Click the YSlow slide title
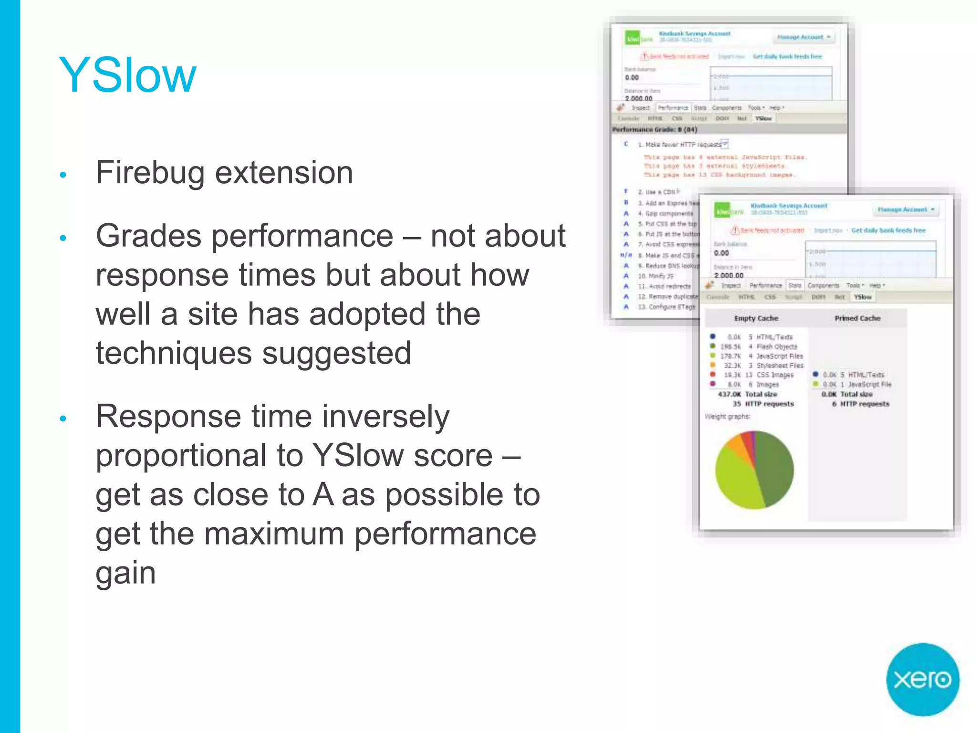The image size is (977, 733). point(127,75)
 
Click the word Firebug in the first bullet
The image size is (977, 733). point(150,173)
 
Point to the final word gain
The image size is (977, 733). point(125,573)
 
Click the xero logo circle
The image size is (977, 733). point(922,679)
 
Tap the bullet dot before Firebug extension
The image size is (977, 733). point(62,175)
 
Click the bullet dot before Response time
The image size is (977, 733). point(62,419)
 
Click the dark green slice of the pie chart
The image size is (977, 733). point(775,468)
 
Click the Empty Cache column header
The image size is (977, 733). point(756,318)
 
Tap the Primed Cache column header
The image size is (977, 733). point(857,318)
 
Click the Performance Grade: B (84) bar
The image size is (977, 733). point(655,129)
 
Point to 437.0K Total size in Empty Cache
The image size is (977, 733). point(748,394)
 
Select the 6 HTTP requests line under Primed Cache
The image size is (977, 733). point(861,404)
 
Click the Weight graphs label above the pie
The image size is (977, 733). point(728,417)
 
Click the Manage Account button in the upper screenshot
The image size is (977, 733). point(803,37)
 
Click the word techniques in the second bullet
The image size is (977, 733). point(173,354)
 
